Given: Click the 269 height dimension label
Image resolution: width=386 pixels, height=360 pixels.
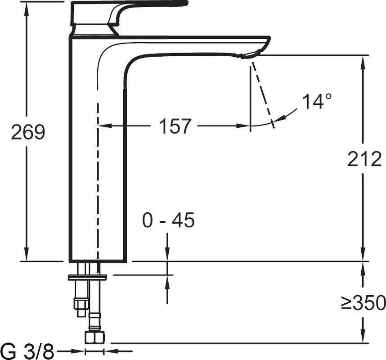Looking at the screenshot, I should coord(28,132).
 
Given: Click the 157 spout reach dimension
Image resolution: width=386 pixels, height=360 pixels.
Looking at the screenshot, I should coord(175,126).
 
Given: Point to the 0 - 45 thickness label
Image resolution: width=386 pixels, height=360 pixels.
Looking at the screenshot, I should coord(168,220).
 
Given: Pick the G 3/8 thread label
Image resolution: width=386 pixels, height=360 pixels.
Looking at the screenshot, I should coord(28,350).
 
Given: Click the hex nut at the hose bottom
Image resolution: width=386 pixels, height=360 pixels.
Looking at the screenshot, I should coord(94,337).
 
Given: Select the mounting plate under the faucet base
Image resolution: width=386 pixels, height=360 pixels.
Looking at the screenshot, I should coord(87,277).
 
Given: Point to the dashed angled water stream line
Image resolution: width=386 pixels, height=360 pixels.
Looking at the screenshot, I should coord(263,94).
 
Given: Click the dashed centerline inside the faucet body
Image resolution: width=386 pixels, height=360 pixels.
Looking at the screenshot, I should coord(97,180).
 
